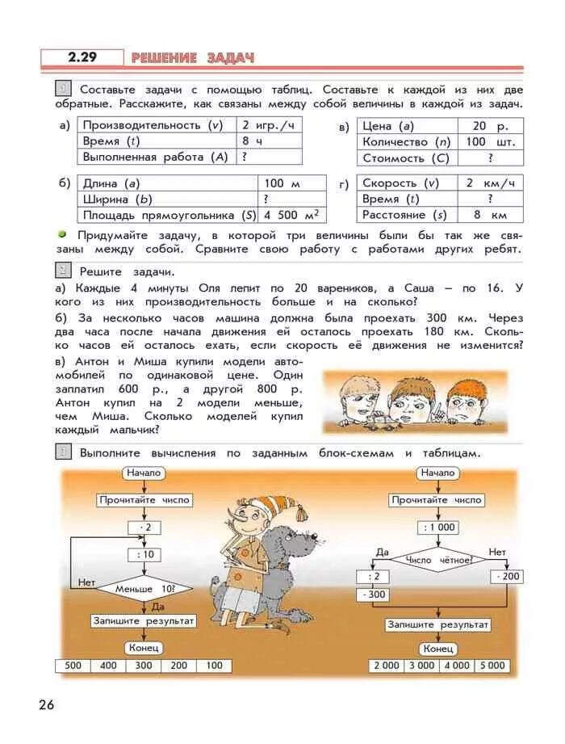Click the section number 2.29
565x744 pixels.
click(82, 57)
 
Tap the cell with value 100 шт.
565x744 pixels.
click(490, 142)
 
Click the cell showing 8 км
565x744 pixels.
click(490, 215)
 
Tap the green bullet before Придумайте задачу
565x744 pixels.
click(61, 233)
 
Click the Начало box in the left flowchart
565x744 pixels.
click(144, 473)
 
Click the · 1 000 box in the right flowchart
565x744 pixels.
click(437, 527)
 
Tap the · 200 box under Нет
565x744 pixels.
click(506, 577)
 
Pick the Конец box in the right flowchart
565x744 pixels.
click(438, 649)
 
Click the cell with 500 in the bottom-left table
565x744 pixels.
click(73, 666)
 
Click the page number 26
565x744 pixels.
click(46, 705)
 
